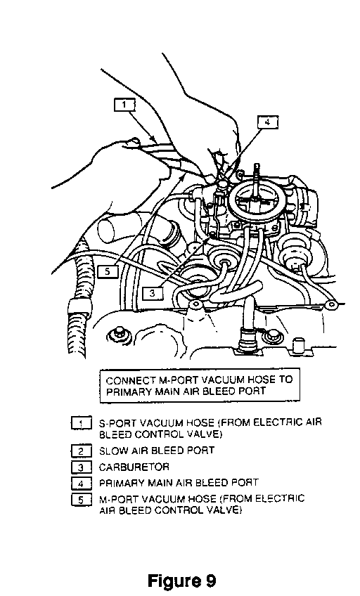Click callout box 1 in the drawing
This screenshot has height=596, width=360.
(x=124, y=105)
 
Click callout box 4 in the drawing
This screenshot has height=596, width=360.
(x=268, y=122)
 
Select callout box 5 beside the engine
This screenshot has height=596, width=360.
(x=108, y=272)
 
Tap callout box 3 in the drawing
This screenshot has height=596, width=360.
(x=153, y=293)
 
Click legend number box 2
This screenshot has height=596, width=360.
(x=81, y=451)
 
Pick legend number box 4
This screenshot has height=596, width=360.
(x=81, y=484)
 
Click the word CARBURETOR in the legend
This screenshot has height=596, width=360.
(x=134, y=467)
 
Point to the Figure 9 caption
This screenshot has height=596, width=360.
(x=181, y=581)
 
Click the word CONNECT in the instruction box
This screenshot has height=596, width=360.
(x=127, y=380)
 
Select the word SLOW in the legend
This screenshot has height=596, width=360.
(x=110, y=451)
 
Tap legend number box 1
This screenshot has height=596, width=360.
(x=81, y=423)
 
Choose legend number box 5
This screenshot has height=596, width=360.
(x=81, y=500)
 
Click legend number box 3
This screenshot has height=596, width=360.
(x=81, y=467)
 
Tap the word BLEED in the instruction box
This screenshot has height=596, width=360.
(x=217, y=391)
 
